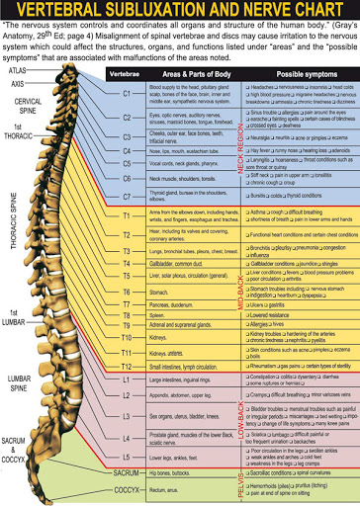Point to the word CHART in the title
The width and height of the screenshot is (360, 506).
[318, 12]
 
